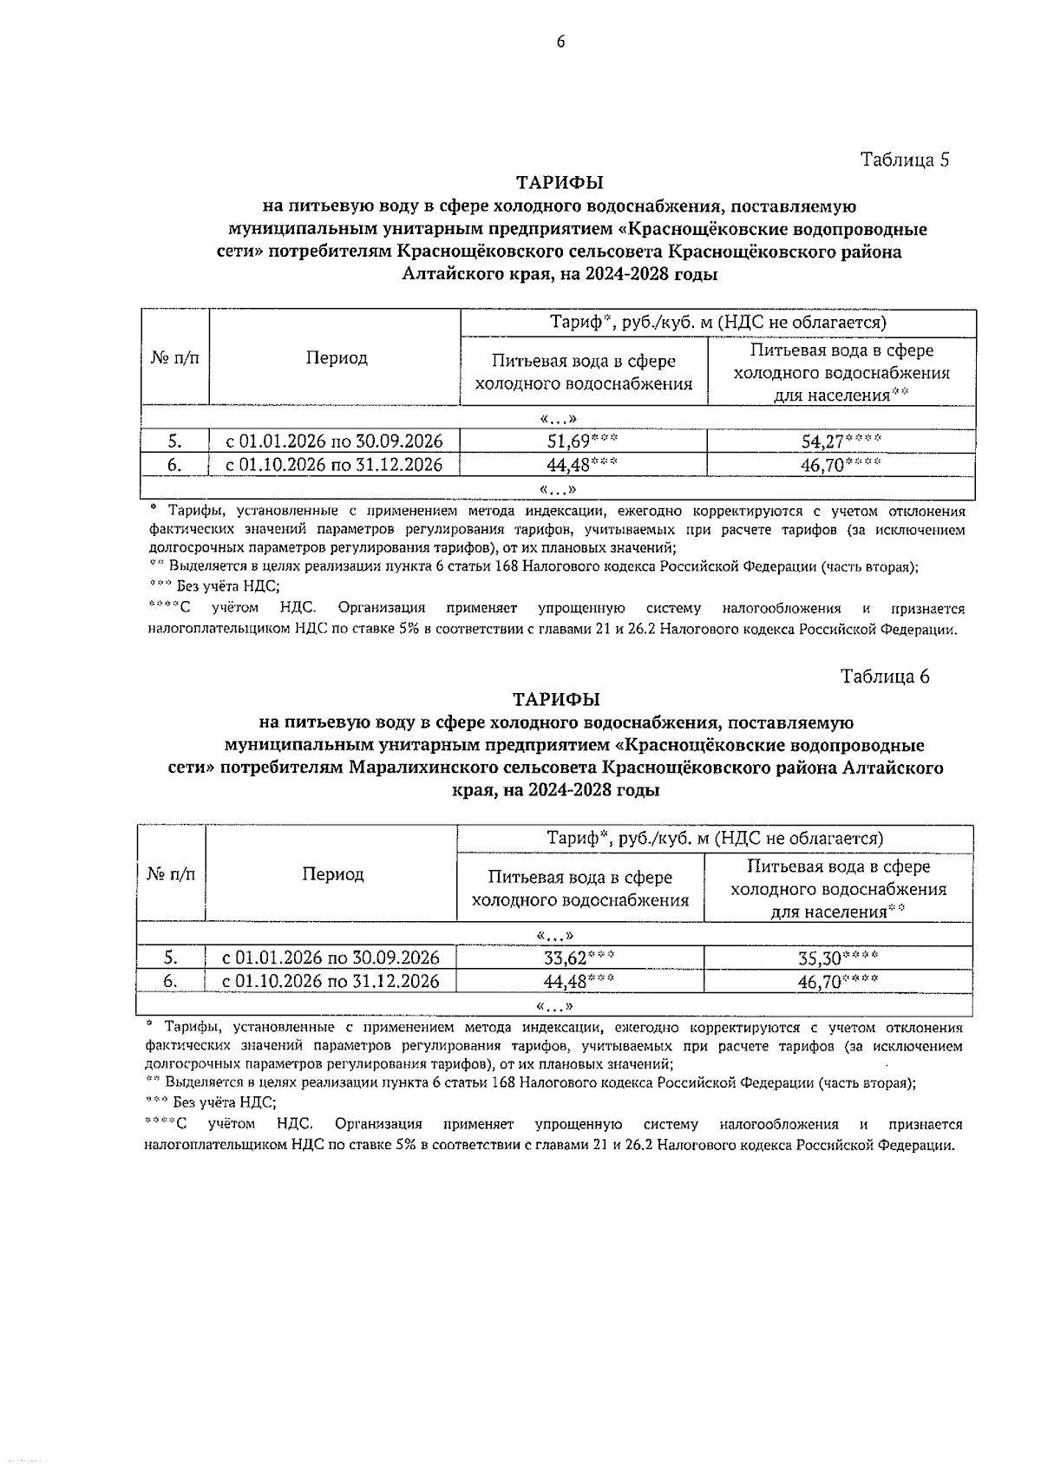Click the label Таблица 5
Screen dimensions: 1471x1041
tap(905, 160)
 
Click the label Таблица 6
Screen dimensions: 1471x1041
tap(885, 677)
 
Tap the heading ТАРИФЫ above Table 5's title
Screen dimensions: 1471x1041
tap(560, 183)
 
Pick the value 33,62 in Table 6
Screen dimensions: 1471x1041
tap(566, 958)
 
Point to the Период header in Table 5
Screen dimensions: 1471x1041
tap(336, 357)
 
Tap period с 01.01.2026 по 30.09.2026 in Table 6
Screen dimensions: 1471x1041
tap(331, 958)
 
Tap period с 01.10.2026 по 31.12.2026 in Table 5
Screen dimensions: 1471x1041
tap(334, 465)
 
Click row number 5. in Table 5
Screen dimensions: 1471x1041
tap(174, 441)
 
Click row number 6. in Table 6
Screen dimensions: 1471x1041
tap(171, 981)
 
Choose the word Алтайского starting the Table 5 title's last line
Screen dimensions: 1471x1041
tap(446, 275)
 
